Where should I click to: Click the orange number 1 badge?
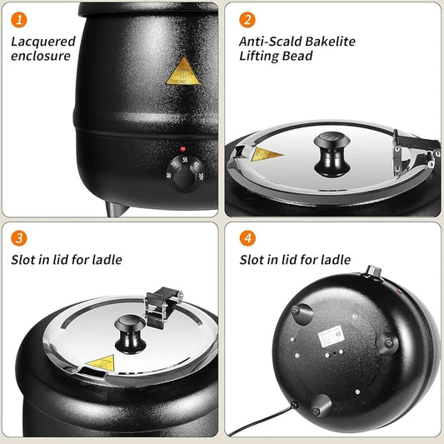(20, 19)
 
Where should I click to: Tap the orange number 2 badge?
(247, 19)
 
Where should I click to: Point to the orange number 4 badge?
(247, 238)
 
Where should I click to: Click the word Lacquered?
(43, 41)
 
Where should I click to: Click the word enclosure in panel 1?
(41, 56)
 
